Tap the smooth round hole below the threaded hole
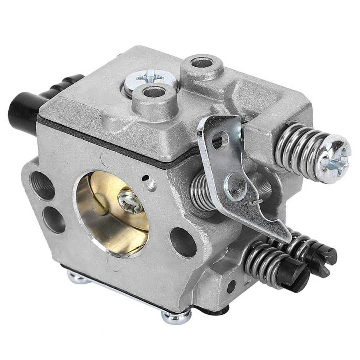coord(54,220)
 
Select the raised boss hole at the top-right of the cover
coord(202,63)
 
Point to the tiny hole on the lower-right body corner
coord(231,286)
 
